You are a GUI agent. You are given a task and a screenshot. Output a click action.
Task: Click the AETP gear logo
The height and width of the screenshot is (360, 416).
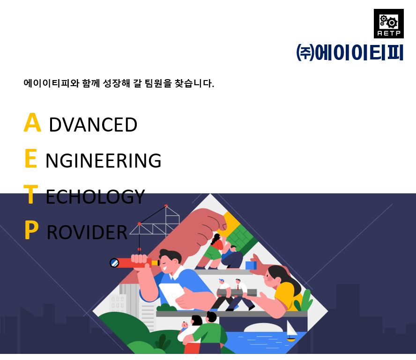[x=389, y=23]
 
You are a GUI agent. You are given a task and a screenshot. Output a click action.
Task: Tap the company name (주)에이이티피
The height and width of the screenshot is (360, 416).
[x=349, y=52]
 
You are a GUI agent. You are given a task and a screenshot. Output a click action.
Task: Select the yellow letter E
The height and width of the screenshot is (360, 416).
[x=30, y=158]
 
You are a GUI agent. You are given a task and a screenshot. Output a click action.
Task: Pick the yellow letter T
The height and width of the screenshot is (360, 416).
[x=31, y=194]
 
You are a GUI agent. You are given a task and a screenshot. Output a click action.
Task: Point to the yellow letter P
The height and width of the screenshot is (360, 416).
[x=31, y=230]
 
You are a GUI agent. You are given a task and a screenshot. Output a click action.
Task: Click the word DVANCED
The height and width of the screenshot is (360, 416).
[x=93, y=125]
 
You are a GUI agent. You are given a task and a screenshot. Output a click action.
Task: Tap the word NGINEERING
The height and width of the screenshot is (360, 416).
[x=104, y=161]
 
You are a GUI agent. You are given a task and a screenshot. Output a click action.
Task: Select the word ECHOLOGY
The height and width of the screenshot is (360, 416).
[x=95, y=197]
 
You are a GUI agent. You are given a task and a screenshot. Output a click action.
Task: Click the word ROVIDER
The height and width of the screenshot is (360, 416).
[x=87, y=232]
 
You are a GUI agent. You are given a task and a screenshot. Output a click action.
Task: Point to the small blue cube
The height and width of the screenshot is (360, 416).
[x=251, y=265]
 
